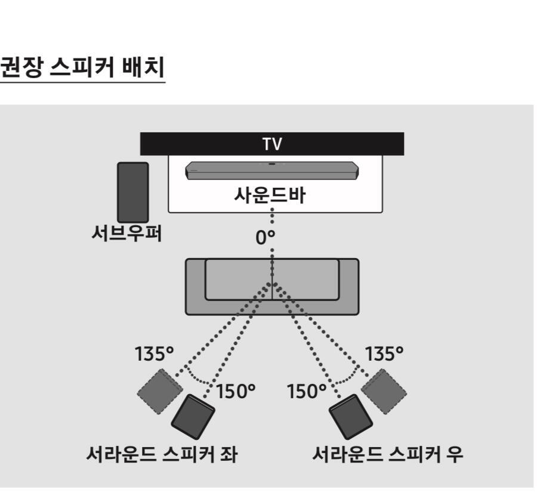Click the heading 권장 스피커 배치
coord(82,67)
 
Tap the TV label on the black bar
coord(272,144)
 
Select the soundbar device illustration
coord(272,171)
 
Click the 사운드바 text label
coord(270,195)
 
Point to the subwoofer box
coord(133,193)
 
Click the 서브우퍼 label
coord(126,234)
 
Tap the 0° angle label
coord(265,237)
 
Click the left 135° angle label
coord(154,354)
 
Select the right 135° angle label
coord(384,354)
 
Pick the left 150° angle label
coord(236,391)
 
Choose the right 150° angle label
coord(307,391)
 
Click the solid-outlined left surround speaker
coord(193,417)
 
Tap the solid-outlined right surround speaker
coord(351,417)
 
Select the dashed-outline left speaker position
coord(160,392)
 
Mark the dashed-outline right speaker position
coord(384,392)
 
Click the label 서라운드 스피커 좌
coord(162,454)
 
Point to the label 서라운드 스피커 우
coord(388,454)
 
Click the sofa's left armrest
coord(196,287)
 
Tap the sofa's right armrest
coord(348,287)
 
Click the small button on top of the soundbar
coord(272,164)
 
